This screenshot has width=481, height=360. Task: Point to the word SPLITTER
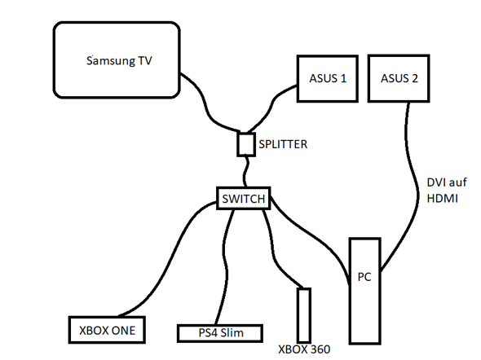click(283, 144)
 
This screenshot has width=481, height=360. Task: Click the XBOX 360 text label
click(304, 349)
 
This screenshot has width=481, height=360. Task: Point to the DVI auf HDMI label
click(446, 191)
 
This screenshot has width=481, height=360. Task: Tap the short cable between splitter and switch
click(245, 172)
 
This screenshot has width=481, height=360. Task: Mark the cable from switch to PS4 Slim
click(225, 266)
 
